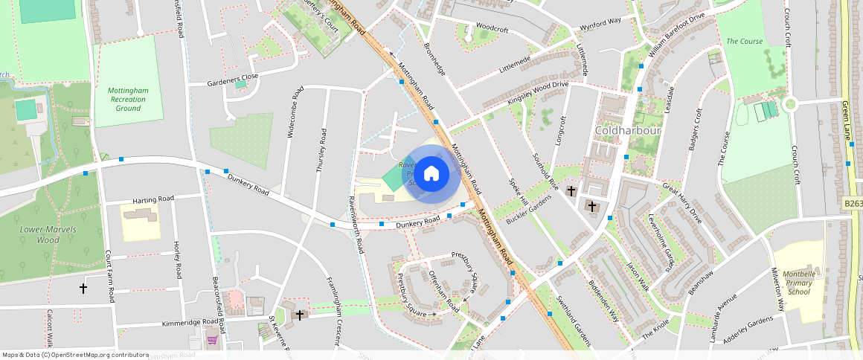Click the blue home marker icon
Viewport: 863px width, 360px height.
pos(431,174)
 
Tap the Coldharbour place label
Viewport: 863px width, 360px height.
pos(628,131)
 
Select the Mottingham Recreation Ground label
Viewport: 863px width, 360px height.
pos(128,99)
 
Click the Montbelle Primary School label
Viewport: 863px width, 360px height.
pos(798,281)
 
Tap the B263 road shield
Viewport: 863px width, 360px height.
pos(853,203)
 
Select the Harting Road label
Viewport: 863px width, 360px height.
pos(153,199)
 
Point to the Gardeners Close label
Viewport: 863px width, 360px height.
pos(232,77)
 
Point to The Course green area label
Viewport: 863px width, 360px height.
pos(744,41)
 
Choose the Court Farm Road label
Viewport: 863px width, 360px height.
pos(109,274)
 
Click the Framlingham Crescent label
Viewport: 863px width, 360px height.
pos(332,312)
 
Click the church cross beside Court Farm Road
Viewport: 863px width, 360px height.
pos(83,288)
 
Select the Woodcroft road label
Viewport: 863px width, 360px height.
pos(491,29)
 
